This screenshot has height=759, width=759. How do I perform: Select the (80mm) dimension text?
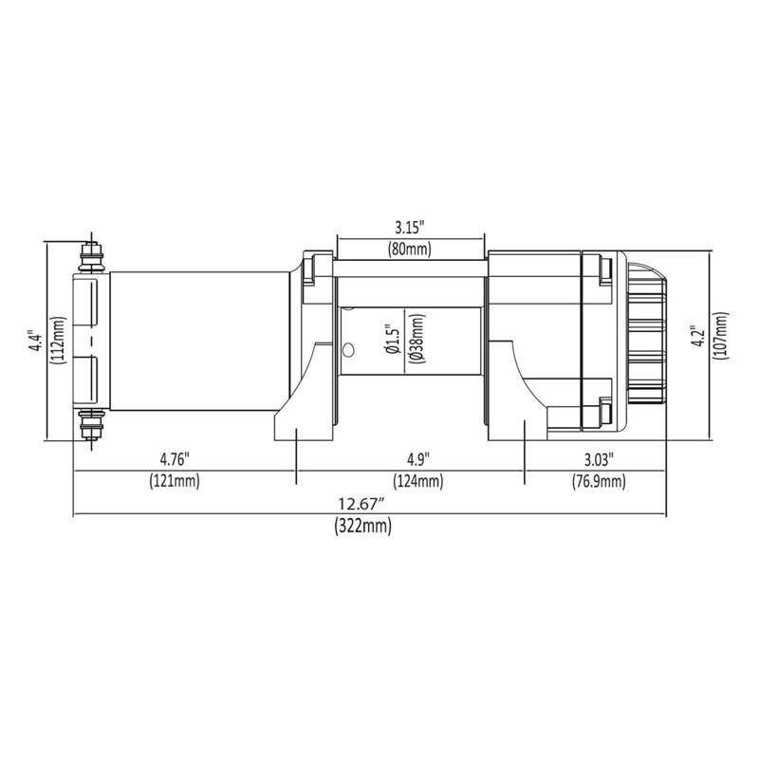tap(410, 250)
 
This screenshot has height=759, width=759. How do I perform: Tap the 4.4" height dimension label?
tap(35, 342)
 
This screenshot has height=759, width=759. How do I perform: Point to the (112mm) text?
tap(58, 342)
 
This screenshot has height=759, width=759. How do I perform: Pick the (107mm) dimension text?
tap(722, 339)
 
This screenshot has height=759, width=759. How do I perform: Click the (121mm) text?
tap(174, 482)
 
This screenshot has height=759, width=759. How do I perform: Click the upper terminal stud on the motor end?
tap(92, 254)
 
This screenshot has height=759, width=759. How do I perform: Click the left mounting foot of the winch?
tap(303, 422)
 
